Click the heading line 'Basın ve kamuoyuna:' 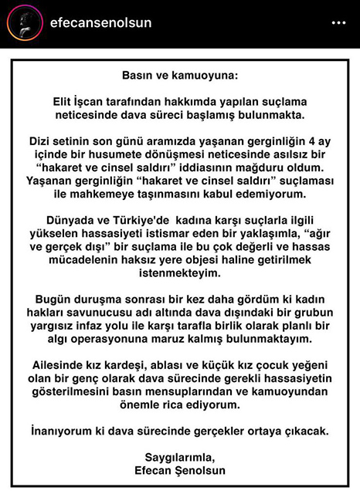click(180, 77)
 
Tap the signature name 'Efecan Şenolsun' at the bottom click(180, 469)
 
